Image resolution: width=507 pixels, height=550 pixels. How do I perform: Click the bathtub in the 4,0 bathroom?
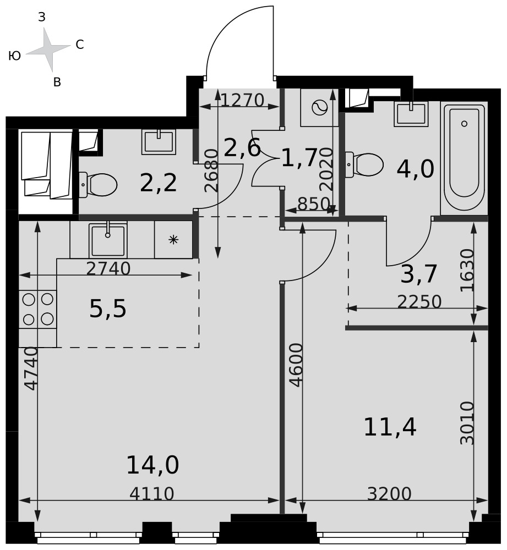click(x=464, y=158)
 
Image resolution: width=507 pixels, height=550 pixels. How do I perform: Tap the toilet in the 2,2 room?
click(x=98, y=184)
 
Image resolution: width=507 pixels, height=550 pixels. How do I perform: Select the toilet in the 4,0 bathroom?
click(x=364, y=164)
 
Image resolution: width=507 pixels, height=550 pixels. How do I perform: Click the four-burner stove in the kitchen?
click(x=37, y=309)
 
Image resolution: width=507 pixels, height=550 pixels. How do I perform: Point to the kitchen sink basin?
click(x=108, y=240)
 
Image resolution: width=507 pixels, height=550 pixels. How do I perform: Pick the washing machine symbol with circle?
click(x=319, y=108)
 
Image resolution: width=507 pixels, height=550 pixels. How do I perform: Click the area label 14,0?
click(x=152, y=465)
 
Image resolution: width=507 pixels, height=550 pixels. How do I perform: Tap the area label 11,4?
click(x=390, y=427)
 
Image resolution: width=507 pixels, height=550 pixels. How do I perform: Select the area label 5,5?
click(x=107, y=309)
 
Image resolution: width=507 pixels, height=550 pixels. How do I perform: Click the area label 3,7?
click(x=418, y=274)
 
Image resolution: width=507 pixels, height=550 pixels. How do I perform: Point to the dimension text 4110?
click(x=152, y=494)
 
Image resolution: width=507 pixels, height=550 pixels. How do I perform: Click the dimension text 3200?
click(x=389, y=494)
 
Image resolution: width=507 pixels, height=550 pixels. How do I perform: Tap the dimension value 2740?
click(x=108, y=269)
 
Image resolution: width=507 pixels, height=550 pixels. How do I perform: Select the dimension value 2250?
click(x=419, y=301)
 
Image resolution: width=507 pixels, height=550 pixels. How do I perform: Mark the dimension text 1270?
click(x=242, y=100)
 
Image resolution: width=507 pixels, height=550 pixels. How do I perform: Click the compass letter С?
click(x=80, y=45)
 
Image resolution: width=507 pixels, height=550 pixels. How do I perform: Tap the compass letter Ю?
click(x=14, y=56)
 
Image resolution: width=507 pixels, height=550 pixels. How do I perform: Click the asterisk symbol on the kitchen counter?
click(x=173, y=240)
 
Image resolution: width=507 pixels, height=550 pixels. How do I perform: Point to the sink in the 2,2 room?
click(x=159, y=142)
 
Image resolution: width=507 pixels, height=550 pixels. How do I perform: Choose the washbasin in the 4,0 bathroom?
click(x=411, y=114)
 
